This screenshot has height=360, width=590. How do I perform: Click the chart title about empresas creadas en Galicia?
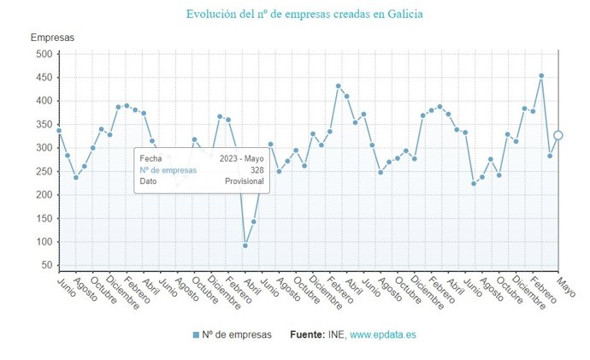click(x=304, y=14)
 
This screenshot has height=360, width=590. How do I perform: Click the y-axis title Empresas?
click(x=52, y=38)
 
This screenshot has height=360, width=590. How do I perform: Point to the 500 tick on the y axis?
click(x=43, y=54)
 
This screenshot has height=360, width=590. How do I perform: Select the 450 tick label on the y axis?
click(x=43, y=78)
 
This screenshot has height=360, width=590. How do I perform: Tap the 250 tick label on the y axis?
click(x=43, y=172)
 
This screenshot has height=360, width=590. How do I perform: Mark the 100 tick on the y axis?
click(x=43, y=242)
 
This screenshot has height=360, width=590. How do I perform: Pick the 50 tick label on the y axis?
click(x=45, y=266)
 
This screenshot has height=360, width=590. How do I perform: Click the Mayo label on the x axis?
click(x=566, y=286)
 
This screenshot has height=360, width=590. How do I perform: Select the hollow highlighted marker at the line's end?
click(x=558, y=135)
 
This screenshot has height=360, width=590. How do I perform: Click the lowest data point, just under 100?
click(x=245, y=245)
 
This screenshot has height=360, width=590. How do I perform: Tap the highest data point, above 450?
click(x=541, y=75)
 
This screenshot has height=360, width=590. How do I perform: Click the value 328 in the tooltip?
click(x=257, y=170)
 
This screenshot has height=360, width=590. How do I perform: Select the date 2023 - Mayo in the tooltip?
click(x=241, y=159)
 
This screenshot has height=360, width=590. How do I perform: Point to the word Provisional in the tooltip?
click(x=244, y=181)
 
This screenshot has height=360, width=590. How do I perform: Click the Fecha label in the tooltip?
click(x=150, y=159)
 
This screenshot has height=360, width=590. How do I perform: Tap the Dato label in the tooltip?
click(x=149, y=181)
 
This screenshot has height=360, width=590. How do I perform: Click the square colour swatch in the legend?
click(x=196, y=334)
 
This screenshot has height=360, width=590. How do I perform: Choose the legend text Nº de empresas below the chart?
click(x=238, y=334)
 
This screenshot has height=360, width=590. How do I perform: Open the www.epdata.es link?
click(x=383, y=334)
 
